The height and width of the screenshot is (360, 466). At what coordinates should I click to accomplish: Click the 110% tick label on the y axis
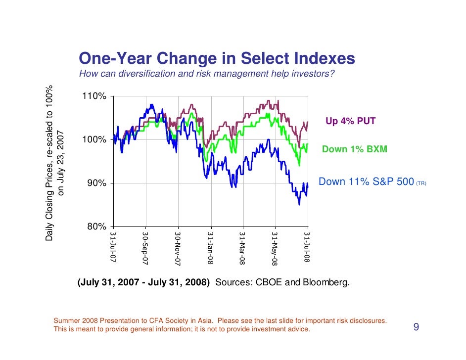94,96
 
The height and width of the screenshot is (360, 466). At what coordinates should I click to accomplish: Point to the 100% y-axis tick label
94,140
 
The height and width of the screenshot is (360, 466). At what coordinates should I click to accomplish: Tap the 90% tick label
96,183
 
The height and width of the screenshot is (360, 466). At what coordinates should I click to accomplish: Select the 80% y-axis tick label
96,227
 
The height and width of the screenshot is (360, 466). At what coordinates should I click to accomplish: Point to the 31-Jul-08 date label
307,246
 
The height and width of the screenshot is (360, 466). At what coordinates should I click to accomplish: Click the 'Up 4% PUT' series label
350,121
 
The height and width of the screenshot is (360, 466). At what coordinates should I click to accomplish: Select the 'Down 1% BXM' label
354,149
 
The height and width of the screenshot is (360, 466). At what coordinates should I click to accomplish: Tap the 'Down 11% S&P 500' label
366,182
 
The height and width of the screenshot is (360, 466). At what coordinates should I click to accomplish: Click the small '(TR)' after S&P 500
420,183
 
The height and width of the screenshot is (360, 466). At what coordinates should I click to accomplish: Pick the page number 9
416,327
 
